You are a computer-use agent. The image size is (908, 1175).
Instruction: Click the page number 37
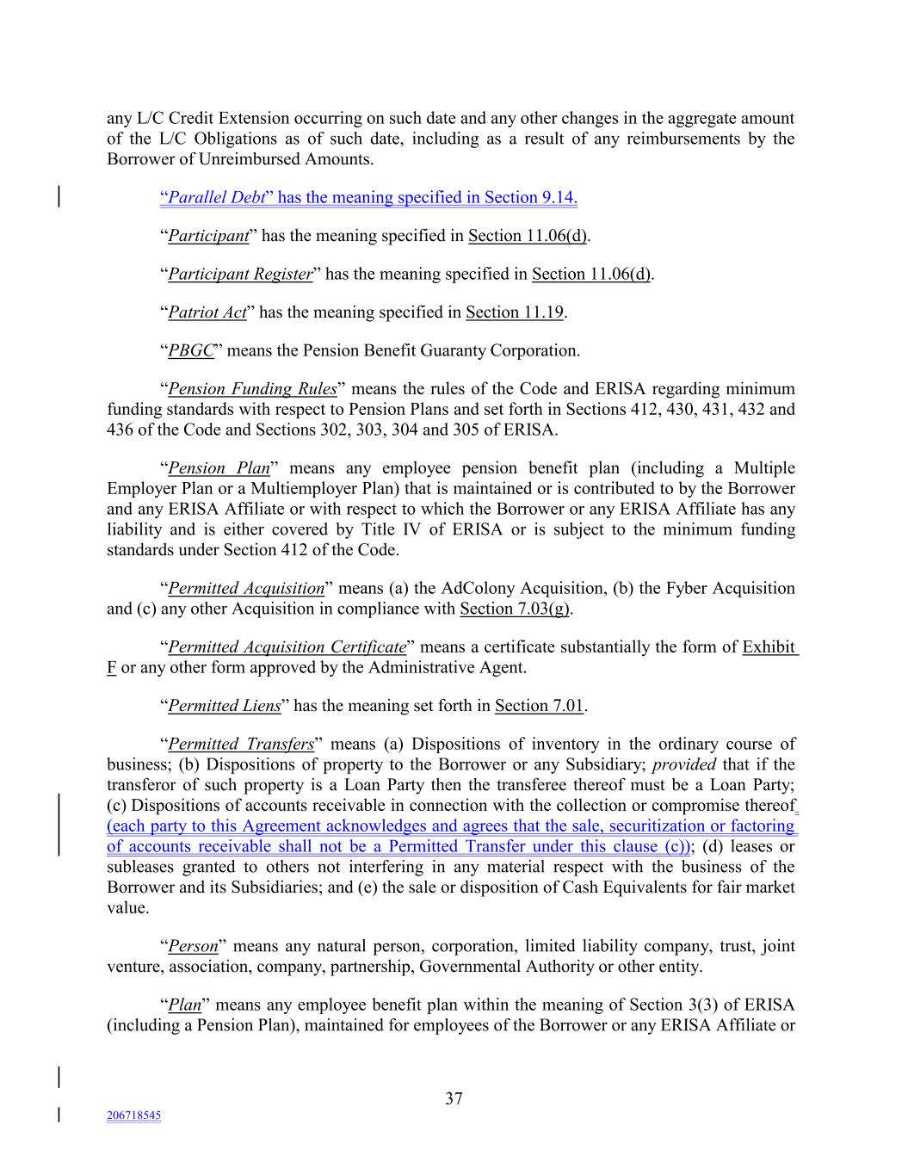point(454,1098)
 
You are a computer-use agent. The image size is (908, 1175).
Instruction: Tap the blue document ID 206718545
point(133,1116)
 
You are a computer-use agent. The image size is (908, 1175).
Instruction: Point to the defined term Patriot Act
point(207,312)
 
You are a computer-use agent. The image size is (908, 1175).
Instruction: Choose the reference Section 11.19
point(515,312)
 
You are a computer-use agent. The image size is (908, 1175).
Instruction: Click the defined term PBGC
point(190,350)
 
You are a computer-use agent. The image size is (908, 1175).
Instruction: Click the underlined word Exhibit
point(769,646)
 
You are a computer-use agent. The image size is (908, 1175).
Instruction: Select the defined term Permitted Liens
point(224,706)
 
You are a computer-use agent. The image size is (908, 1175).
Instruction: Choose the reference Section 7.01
point(539,706)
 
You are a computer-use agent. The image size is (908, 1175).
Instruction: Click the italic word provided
point(684,764)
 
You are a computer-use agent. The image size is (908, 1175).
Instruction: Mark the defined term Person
point(193,946)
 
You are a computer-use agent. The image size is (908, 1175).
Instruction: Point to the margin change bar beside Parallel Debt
point(59,197)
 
